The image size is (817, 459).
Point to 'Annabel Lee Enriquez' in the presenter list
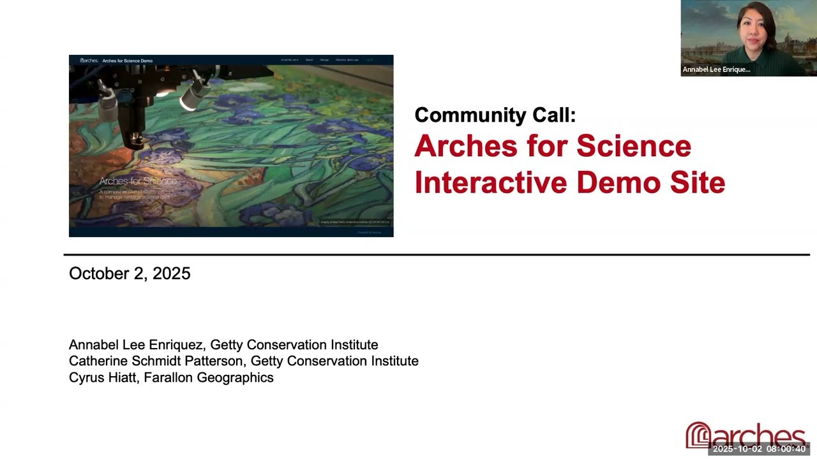(x=136, y=345)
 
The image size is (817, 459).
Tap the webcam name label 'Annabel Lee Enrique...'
(x=716, y=69)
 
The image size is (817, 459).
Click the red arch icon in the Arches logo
(x=698, y=435)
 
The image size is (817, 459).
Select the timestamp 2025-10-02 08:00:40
(x=759, y=449)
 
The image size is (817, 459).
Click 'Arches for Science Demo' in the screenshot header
(x=127, y=61)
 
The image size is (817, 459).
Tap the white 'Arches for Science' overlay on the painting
(x=138, y=181)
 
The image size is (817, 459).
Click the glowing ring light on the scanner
(x=190, y=101)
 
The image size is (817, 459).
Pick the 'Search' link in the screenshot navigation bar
(x=309, y=60)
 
